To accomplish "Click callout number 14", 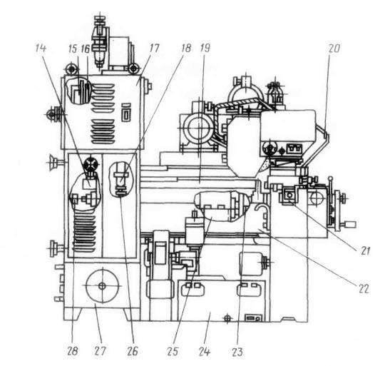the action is tap(41, 48).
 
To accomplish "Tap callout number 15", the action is tap(73, 49).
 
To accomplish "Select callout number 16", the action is tap(86, 49).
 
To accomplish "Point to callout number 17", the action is tap(155, 48).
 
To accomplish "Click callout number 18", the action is tap(186, 48).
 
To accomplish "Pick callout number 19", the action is tap(205, 48).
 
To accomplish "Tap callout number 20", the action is tap(334, 48).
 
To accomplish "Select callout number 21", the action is tap(365, 251).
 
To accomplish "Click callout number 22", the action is tap(364, 289).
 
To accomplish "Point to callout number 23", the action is tap(237, 352).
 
